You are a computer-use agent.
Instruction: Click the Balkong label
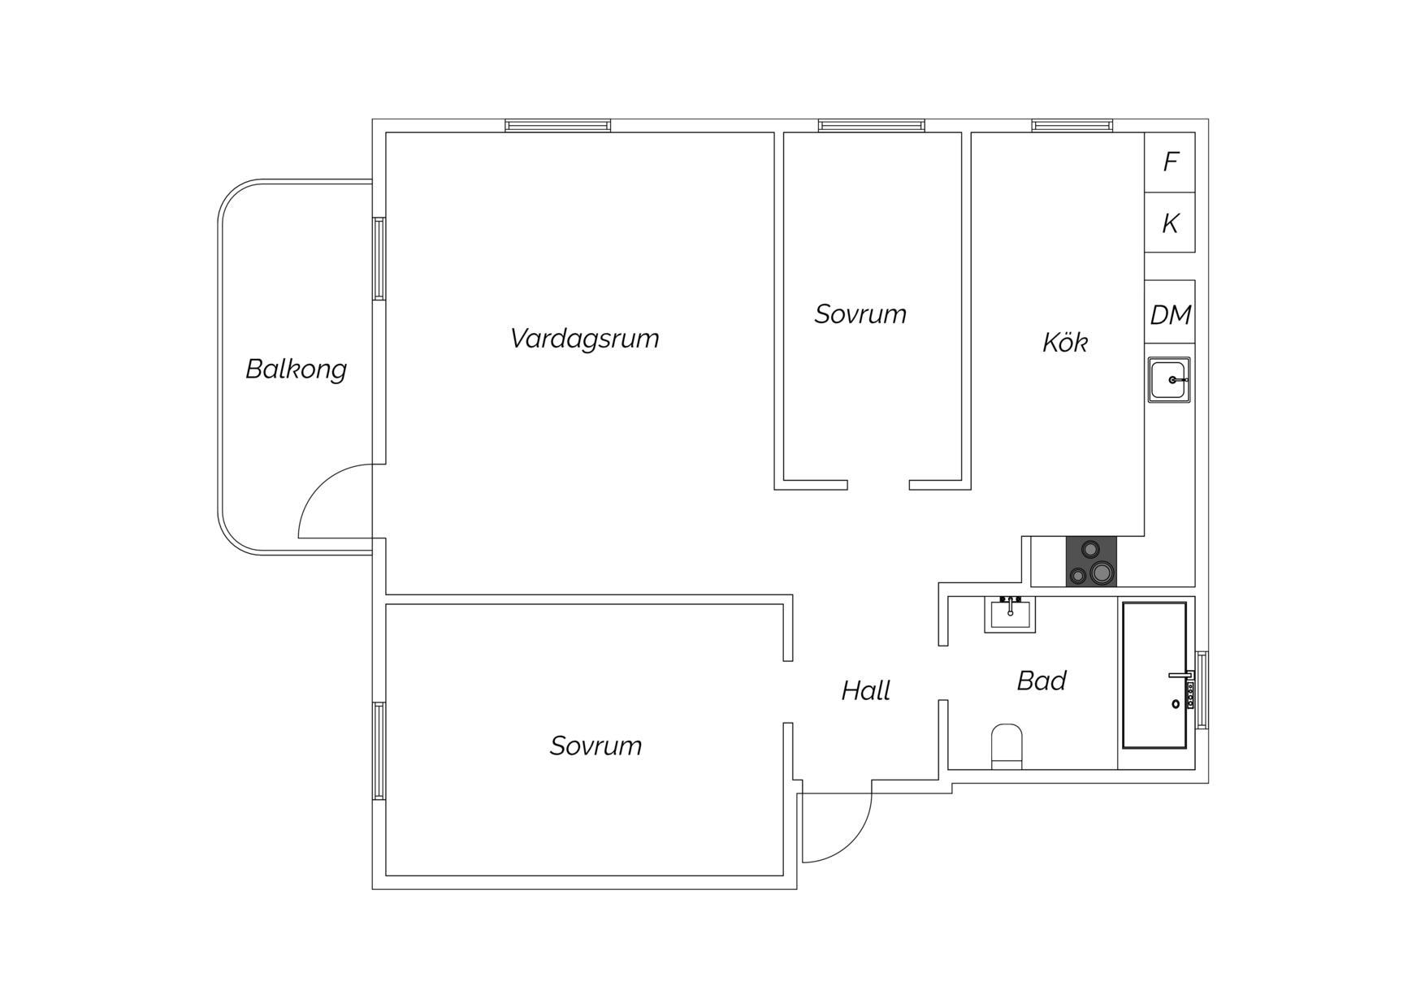point(296,370)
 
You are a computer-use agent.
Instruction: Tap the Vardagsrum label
point(584,339)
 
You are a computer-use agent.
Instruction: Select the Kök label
point(1064,342)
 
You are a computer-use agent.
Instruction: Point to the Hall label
point(865,691)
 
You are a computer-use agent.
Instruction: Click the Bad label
point(1042,681)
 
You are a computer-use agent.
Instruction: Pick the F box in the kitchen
point(1170,162)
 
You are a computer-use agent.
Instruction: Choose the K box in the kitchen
point(1170,223)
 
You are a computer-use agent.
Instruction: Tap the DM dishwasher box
point(1170,314)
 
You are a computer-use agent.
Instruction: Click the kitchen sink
point(1169,379)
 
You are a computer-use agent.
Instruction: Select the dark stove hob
point(1091,561)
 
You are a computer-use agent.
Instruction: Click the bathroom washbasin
point(1010,614)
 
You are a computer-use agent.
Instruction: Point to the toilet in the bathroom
point(1007,746)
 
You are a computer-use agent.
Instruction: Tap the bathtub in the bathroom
point(1154,675)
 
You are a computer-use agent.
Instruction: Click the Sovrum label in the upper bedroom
point(860,314)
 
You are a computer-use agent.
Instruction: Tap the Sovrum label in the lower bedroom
point(596,746)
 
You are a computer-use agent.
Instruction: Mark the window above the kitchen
point(1072,126)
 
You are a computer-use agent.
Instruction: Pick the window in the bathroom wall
point(1202,690)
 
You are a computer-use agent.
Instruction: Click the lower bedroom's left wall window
point(379,751)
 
